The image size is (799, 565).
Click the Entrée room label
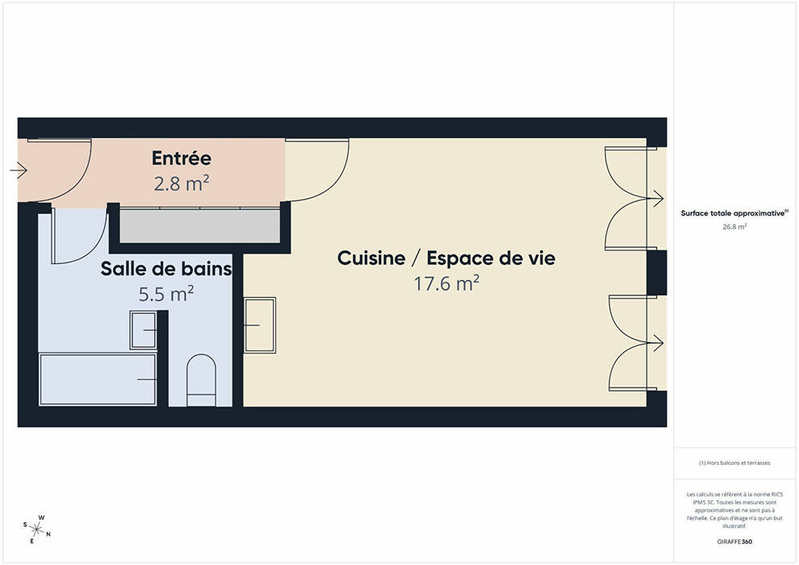182,158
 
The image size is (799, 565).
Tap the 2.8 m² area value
182,183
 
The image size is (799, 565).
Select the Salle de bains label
166,269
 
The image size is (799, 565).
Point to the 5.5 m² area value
166,294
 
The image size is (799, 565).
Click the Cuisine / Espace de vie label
446,257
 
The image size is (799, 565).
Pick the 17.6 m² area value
446,283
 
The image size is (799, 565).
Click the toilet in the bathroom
201,380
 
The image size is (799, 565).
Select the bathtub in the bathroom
98,379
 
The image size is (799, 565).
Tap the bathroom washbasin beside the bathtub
143,330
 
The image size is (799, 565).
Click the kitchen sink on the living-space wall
260,325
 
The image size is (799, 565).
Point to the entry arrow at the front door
19,169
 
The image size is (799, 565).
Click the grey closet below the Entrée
200,226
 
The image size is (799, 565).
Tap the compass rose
36,529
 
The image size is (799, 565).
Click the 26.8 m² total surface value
734,227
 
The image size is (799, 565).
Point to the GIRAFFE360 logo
734,542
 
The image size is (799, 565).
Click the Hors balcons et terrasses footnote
734,463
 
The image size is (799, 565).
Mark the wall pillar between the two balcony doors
657,273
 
